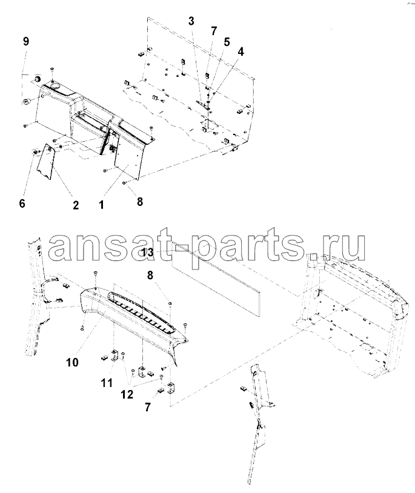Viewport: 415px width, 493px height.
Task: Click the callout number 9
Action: pos(26,41)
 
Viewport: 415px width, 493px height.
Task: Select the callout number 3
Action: pos(191,21)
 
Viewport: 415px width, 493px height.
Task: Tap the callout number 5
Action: pos(227,42)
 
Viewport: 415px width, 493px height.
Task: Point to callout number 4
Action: pos(241,52)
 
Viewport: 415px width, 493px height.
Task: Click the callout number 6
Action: pos(22,203)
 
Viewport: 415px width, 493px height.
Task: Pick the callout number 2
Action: pos(76,205)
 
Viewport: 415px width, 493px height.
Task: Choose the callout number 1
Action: pos(101,205)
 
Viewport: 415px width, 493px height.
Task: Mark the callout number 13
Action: pos(148,252)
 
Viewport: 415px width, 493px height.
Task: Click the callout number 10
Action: pos(72,362)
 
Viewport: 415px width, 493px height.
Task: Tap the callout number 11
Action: pos(107,383)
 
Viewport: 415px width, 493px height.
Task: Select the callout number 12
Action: pos(127,394)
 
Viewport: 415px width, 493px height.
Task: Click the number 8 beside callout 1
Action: pos(140,202)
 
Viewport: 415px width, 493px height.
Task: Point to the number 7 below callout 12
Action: pos(147,408)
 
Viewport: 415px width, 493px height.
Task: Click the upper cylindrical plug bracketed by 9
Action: pos(38,79)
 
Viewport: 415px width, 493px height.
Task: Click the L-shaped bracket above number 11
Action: pos(114,355)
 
